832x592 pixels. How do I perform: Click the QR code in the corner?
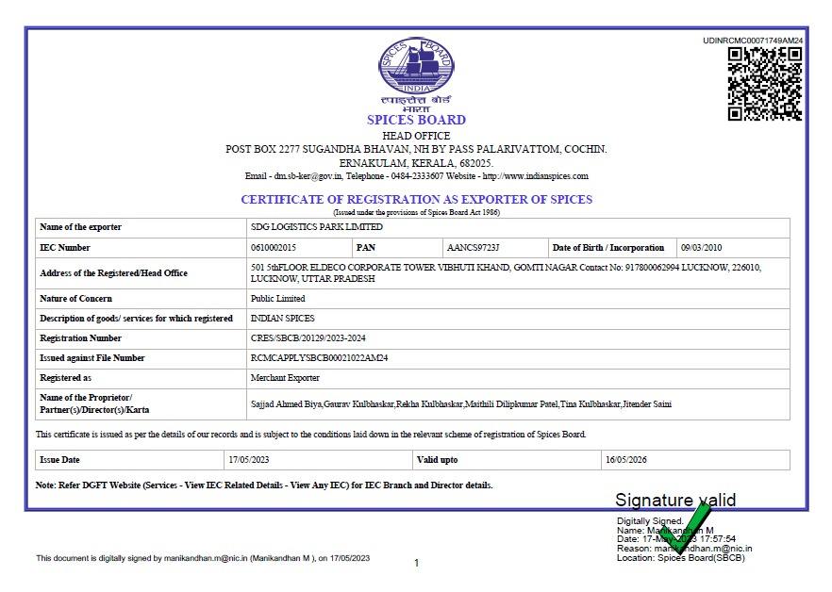764,83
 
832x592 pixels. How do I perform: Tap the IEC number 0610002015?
274,248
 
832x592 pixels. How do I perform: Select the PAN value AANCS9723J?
473,248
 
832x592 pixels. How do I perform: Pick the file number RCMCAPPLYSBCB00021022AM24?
320,358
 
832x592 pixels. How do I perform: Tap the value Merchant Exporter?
285,378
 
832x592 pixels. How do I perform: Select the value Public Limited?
277,299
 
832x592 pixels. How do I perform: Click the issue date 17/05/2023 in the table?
247,460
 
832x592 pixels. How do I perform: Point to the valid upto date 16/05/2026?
625,460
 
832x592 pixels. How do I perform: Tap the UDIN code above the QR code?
753,41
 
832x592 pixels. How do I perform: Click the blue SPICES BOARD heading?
416,120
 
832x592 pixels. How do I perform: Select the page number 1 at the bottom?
416,563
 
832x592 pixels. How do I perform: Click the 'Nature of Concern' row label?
75,299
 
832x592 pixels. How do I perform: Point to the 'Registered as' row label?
65,378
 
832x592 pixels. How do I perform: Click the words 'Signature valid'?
675,500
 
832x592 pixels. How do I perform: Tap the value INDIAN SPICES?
282,319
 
